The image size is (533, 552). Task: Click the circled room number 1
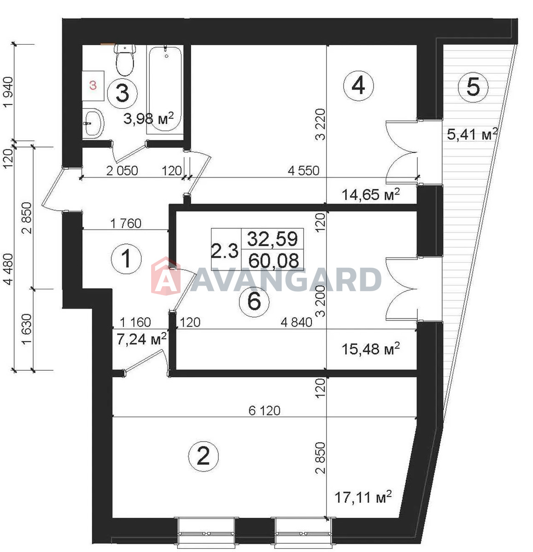point(126,259)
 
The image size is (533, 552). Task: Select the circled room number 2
point(204,456)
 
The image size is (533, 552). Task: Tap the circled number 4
point(358,86)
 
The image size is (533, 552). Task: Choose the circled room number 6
point(254,301)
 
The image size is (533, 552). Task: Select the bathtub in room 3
point(165,89)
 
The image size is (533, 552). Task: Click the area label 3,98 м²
point(148,119)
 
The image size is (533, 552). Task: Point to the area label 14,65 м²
point(370,195)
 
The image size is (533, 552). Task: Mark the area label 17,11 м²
point(363,497)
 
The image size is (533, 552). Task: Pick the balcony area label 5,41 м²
point(472,134)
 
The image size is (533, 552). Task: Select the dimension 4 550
point(304,171)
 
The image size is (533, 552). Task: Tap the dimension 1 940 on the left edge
point(8,92)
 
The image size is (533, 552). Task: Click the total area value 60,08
point(274,261)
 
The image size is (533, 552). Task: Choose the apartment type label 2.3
point(225,251)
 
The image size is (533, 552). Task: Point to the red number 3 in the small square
point(93,86)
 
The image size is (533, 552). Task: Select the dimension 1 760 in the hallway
point(126,224)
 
